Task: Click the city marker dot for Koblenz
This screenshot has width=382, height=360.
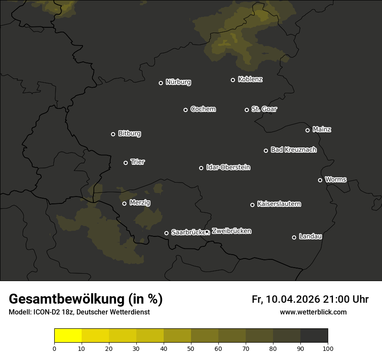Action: (233, 80)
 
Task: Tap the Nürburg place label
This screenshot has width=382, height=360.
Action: (178, 82)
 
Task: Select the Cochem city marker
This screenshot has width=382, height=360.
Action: (185, 110)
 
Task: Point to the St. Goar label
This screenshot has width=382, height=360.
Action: (264, 109)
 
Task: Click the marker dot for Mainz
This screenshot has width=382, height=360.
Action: (307, 130)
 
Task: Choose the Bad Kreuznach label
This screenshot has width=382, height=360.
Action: (293, 150)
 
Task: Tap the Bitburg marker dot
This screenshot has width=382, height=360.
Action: (113, 134)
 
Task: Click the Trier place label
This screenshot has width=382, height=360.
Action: (138, 162)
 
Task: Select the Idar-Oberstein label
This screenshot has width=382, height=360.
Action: (228, 167)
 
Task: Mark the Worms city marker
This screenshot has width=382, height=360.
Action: (320, 180)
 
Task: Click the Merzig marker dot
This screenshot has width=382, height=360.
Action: (124, 203)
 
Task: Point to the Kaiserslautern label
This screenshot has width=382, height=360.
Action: (279, 204)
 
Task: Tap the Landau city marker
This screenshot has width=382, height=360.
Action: (294, 237)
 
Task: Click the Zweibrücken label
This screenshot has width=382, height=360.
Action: (231, 231)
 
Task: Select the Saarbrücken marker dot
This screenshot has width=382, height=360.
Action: (166, 233)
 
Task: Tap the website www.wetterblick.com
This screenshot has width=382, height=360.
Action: (313, 312)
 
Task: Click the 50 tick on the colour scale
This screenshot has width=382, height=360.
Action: (191, 348)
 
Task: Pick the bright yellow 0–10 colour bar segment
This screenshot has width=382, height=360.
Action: (68, 336)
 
